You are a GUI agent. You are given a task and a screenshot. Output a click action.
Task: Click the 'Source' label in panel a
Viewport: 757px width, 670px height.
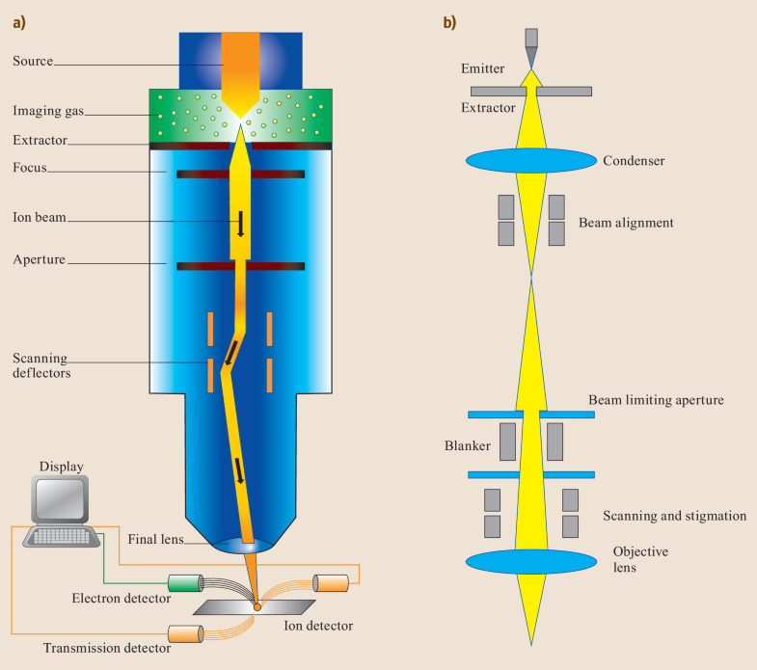[33, 61]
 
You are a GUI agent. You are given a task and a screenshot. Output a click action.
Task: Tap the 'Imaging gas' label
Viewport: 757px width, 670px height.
[47, 112]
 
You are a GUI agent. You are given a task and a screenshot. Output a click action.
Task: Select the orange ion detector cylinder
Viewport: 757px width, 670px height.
[331, 583]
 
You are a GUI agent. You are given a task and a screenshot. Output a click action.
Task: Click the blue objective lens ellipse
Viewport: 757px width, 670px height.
[530, 561]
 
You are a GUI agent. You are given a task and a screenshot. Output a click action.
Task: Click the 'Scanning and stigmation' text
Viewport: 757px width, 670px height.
[674, 516]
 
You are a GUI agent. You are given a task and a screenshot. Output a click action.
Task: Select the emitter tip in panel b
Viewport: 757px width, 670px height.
[530, 50]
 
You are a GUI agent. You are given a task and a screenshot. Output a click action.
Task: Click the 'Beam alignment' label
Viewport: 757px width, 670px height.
[626, 223]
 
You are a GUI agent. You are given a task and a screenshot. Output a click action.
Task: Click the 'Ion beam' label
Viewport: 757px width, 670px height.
[40, 217]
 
